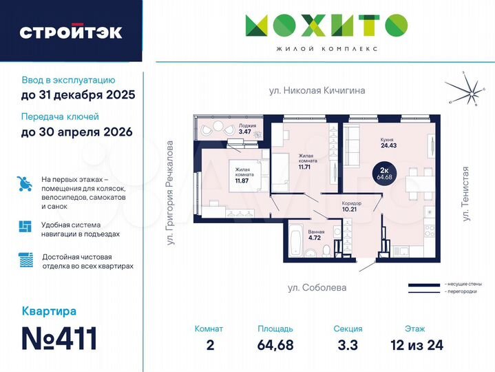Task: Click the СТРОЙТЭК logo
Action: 71,32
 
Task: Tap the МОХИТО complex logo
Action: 326,28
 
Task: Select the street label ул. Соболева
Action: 317,287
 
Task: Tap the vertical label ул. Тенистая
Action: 466,194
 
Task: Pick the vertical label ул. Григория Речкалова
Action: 170,194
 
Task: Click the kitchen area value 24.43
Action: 389,145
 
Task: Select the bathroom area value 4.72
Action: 316,238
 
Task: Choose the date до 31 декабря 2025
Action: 78,95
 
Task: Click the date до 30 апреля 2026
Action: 76,132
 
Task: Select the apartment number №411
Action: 59,338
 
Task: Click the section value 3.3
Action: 346,344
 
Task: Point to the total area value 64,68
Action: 275,344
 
